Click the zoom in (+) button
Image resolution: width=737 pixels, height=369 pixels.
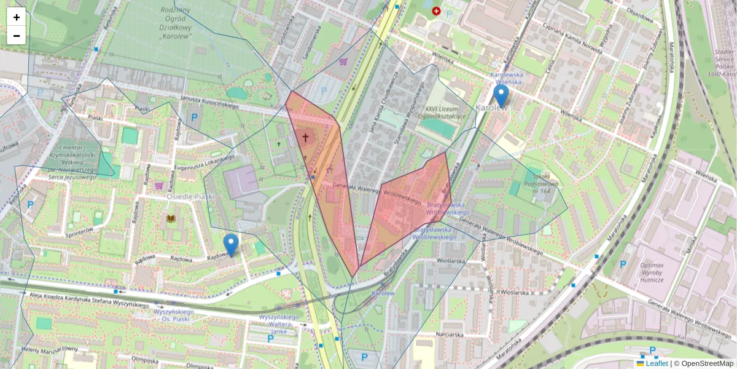click(x=17, y=17)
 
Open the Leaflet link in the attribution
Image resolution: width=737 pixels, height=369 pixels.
click(x=656, y=363)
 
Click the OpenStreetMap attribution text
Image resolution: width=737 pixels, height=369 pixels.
click(x=704, y=363)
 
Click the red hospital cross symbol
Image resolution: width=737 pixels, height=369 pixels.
click(x=436, y=11)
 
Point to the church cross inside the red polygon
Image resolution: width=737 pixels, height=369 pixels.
click(x=305, y=137)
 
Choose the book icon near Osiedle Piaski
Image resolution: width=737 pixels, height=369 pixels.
click(x=171, y=218)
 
